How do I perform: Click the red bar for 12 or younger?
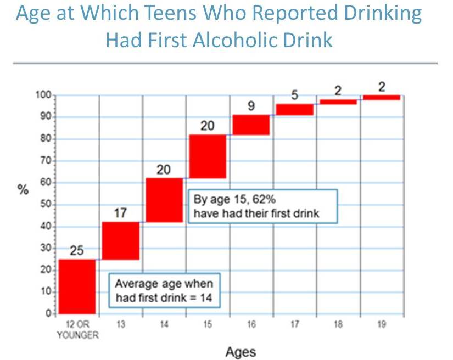[x=77, y=286]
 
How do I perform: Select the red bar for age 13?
[x=121, y=241]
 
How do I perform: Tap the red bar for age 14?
[x=164, y=200]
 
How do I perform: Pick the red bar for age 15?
[x=208, y=156]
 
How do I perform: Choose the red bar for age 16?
[x=251, y=125]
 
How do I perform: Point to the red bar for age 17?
[x=295, y=109]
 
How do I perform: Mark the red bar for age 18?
[x=338, y=102]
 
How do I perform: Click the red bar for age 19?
[x=382, y=97]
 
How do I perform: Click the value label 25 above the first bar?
[x=77, y=251]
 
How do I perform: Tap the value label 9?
[x=251, y=106]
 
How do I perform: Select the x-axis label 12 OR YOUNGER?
[x=77, y=329]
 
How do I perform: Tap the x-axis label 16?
[x=251, y=325]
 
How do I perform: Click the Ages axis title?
[x=241, y=351]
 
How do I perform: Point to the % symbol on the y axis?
[x=24, y=190]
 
